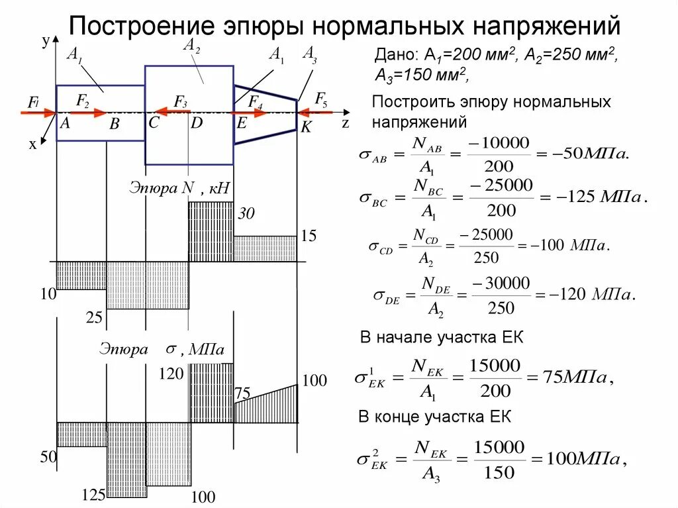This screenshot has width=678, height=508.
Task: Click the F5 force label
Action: click(x=320, y=100)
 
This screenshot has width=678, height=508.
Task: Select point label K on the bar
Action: click(x=305, y=128)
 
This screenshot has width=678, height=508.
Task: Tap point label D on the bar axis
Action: click(x=197, y=123)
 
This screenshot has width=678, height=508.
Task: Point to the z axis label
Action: click(x=345, y=123)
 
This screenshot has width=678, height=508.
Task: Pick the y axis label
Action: click(x=45, y=42)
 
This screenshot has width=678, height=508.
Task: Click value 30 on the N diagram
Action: click(x=246, y=214)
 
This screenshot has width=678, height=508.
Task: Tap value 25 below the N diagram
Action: click(x=94, y=318)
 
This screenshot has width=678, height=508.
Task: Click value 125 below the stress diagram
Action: click(x=93, y=495)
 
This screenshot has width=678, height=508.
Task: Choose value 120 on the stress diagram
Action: click(x=171, y=375)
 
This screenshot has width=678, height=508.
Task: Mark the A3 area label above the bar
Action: click(x=309, y=54)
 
